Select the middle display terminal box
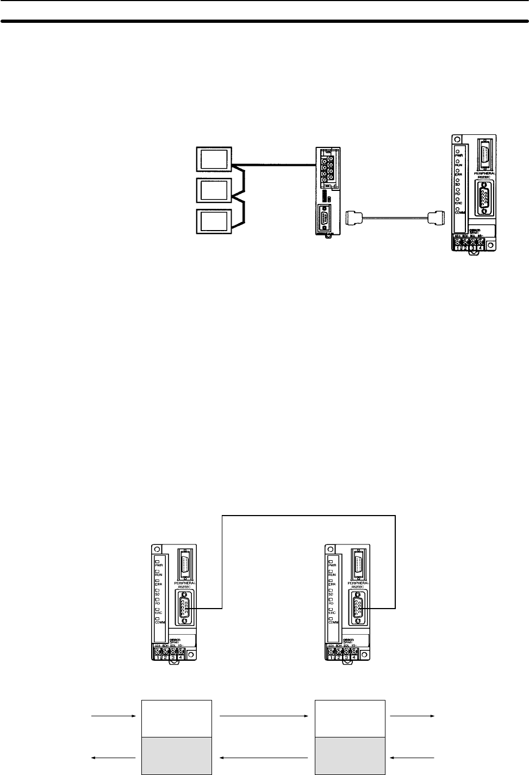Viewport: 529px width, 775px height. coord(214,190)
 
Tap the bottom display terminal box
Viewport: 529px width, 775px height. coord(214,222)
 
